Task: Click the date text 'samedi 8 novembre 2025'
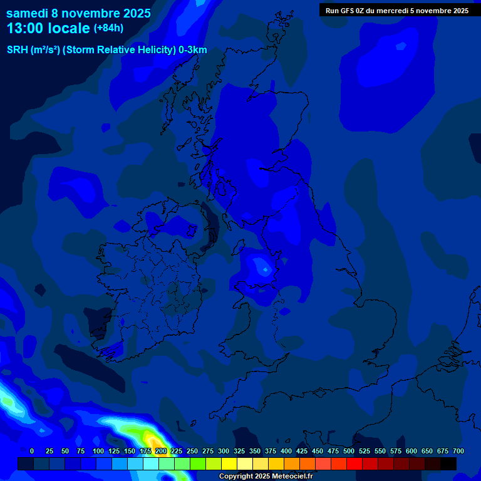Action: click(x=78, y=13)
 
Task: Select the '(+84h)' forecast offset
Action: click(x=108, y=28)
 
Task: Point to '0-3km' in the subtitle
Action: click(x=192, y=50)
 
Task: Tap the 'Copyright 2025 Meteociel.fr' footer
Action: click(x=266, y=477)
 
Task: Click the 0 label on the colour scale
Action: click(x=32, y=451)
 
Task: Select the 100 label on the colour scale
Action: click(x=98, y=451)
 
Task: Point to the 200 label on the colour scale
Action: click(x=161, y=451)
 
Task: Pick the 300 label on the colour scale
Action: click(x=224, y=451)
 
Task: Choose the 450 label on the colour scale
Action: click(x=318, y=451)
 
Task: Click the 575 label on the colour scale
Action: click(x=396, y=451)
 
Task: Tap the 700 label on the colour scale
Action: click(x=458, y=451)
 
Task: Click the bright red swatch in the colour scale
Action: click(x=354, y=463)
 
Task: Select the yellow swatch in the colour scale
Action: click(x=229, y=463)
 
